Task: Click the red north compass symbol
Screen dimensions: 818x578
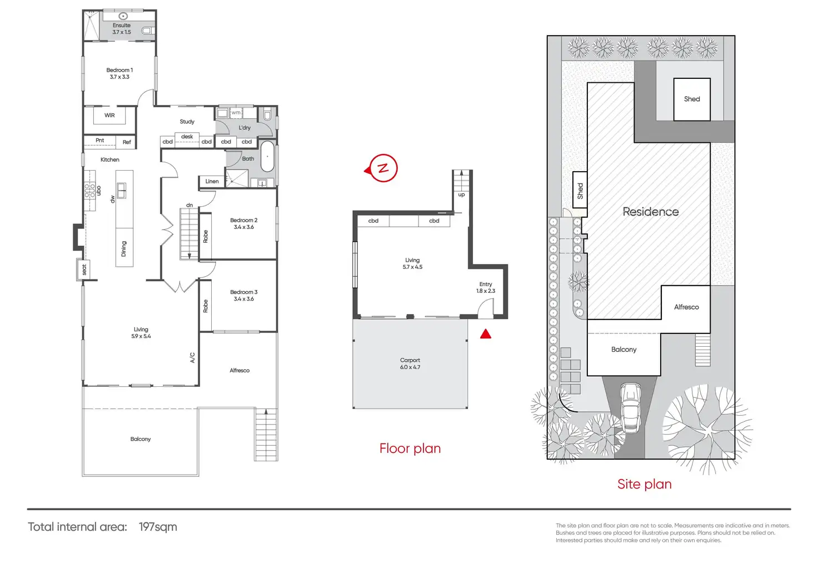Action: point(382,168)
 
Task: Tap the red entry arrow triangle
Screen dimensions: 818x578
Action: point(486,334)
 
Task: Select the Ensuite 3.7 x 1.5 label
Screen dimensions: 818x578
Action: point(122,29)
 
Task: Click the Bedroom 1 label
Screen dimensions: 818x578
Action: point(119,73)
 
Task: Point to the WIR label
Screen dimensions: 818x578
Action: point(109,116)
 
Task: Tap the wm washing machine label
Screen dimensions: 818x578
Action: point(236,113)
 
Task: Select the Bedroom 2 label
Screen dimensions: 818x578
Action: point(244,223)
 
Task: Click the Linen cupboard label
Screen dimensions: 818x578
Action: point(212,181)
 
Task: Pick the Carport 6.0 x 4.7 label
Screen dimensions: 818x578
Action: point(410,363)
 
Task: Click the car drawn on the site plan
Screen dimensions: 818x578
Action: point(630,407)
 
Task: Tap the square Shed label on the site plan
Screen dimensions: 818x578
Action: point(692,99)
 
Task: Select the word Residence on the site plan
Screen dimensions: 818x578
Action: point(651,212)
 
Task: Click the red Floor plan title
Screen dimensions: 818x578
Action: point(410,449)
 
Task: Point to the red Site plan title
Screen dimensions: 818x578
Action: point(644,484)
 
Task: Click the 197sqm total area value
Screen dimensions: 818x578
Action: point(158,527)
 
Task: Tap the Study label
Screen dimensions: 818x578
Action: point(187,122)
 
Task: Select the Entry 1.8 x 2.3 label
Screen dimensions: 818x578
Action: point(486,287)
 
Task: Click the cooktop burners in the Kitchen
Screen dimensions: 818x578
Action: point(89,191)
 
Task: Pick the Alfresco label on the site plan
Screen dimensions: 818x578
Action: point(686,307)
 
